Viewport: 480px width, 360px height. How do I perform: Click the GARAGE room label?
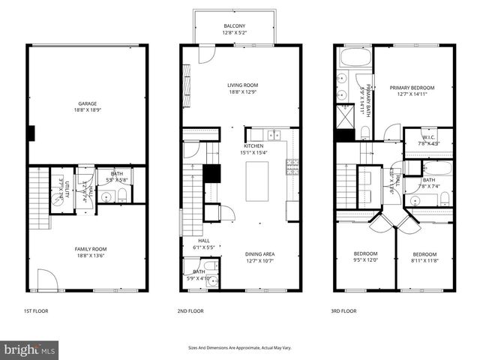(88, 103)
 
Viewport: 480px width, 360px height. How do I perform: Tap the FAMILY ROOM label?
(88, 249)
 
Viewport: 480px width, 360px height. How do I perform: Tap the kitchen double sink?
(276, 134)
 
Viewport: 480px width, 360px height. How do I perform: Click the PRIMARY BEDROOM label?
(412, 88)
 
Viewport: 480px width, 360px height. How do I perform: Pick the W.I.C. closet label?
(428, 137)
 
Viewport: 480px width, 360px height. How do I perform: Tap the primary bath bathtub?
(352, 58)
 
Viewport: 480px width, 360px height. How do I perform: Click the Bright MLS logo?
(30, 349)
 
